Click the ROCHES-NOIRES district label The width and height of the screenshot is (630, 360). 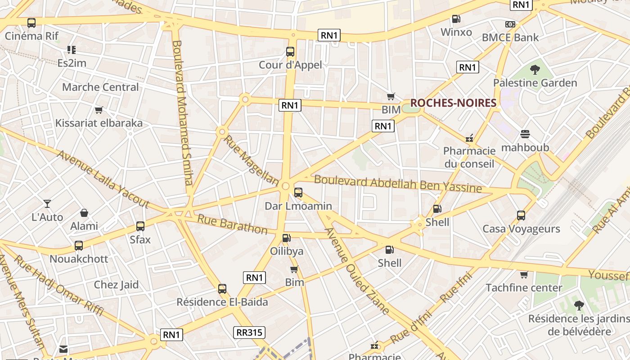pos(453,103)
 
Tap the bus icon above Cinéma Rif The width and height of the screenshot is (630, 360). pos(31,23)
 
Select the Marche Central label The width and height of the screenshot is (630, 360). pos(100,87)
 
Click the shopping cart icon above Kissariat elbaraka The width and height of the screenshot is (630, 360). pos(99,110)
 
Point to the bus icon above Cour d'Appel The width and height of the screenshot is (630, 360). pos(290,52)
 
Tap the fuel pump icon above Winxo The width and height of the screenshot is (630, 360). pos(456,19)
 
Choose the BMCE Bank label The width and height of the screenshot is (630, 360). pos(510,37)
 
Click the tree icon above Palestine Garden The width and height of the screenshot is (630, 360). pos(535,70)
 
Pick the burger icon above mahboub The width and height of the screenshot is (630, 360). pos(525,134)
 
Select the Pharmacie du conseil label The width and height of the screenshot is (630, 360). pos(469,157)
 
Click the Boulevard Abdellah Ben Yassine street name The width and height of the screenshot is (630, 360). pos(398,184)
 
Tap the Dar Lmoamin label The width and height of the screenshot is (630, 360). pos(298,206)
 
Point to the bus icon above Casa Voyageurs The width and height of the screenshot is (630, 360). pos(521,216)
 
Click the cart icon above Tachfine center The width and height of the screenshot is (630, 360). pos(524,274)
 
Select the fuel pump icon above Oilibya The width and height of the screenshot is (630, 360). pos(286,238)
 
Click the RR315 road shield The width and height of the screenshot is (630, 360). pos(249,333)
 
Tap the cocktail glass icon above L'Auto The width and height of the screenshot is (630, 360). pos(47,204)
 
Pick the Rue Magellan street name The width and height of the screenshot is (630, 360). pos(252,160)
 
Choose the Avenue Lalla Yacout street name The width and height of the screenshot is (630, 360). pos(103,179)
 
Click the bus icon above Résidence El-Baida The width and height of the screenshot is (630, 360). pos(222,289)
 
